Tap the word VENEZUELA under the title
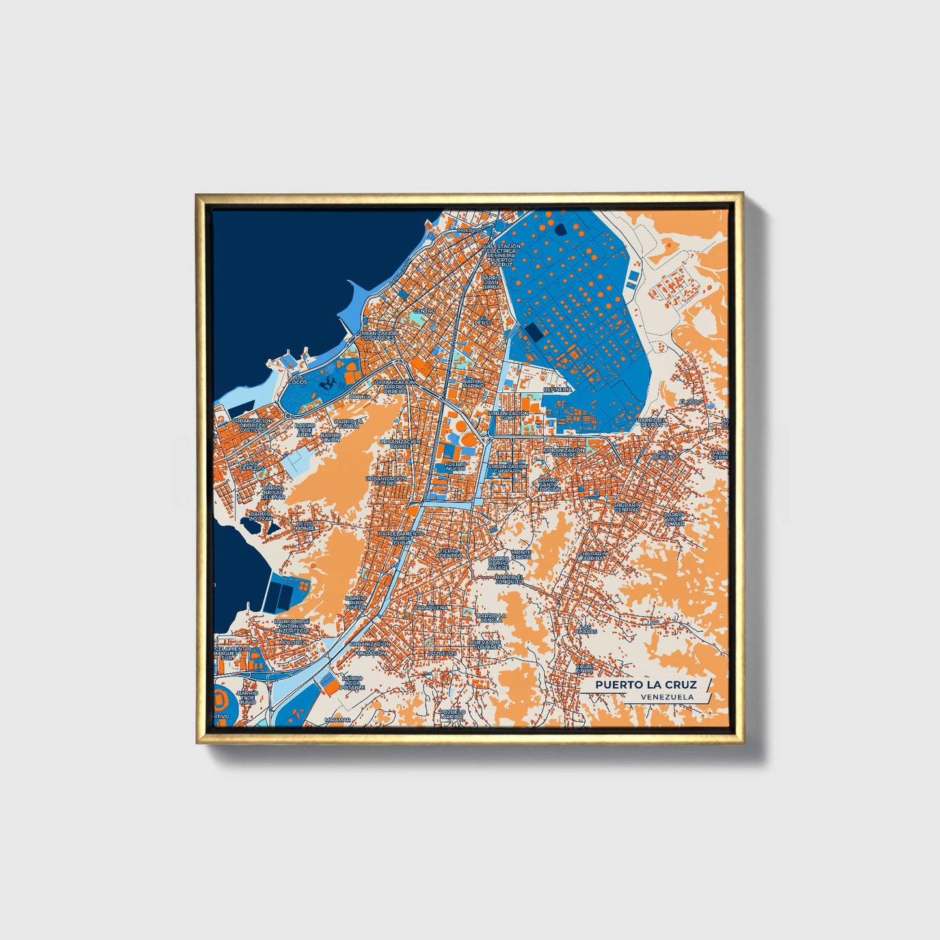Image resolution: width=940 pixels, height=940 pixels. (666, 697)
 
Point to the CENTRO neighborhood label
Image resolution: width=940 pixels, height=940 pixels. (424, 312)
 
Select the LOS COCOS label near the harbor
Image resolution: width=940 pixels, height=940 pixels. (298, 380)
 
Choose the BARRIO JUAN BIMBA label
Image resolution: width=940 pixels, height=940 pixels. (491, 282)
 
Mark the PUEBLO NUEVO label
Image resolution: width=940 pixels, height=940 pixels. (455, 466)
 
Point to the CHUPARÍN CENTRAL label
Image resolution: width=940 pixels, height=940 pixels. (626, 507)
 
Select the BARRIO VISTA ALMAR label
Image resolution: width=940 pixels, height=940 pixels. (675, 518)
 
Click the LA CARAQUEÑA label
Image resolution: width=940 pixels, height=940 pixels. (431, 606)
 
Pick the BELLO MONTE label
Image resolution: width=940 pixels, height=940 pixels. (305, 526)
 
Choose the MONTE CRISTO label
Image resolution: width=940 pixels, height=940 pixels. (521, 555)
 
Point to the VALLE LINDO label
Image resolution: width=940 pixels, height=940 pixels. (584, 668)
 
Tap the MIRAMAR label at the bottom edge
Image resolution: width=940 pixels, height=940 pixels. (337, 720)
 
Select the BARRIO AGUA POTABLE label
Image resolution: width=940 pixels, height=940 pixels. (353, 682)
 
